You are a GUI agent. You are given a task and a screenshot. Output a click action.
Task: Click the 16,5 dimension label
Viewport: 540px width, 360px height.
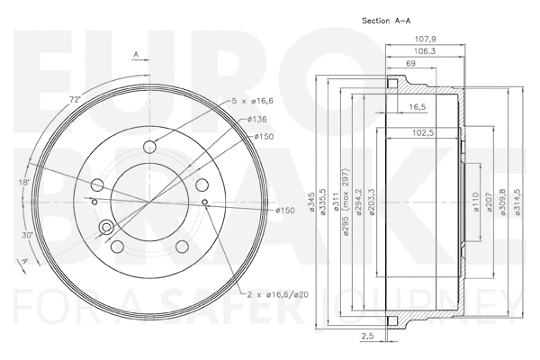417,106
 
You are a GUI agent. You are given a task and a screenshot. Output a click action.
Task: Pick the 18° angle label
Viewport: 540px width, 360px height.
24,183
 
